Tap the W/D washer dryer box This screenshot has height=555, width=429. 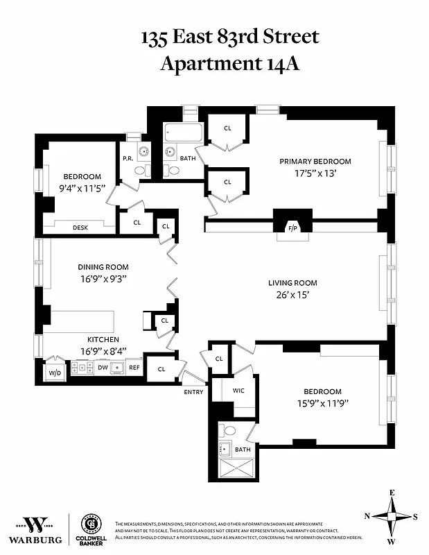point(53,373)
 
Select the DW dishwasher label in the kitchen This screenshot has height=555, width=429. point(102,368)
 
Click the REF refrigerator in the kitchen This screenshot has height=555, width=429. point(134,368)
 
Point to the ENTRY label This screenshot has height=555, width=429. point(193,392)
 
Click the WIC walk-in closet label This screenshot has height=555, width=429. point(238,391)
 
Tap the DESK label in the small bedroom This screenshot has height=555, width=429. point(80,228)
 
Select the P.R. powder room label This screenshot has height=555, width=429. point(128,158)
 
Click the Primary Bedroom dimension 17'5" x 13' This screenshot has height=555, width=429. point(315,173)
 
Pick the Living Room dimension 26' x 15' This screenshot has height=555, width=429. point(292,294)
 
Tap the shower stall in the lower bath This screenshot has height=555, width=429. point(236,470)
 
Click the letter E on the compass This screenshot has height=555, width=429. point(392,493)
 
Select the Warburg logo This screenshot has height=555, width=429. point(35,529)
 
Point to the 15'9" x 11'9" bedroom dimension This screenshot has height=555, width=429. point(322,403)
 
